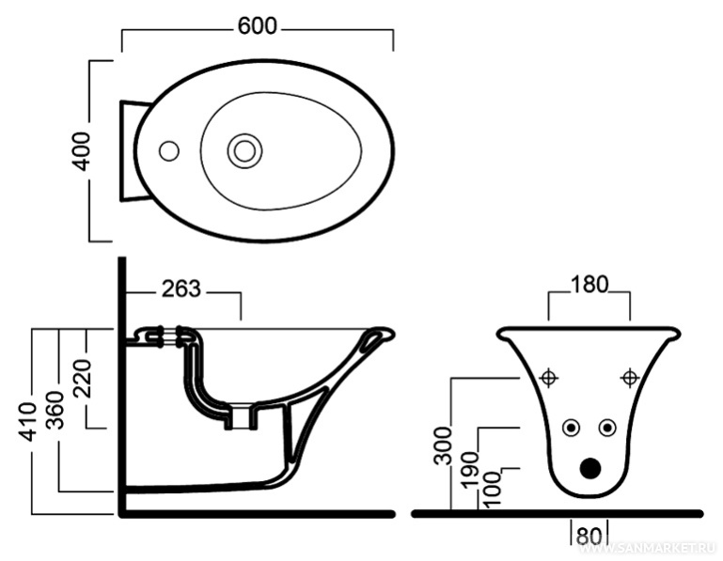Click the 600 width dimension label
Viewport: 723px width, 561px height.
pyautogui.click(x=257, y=26)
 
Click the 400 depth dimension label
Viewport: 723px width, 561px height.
pyautogui.click(x=82, y=150)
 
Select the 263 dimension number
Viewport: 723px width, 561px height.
pyautogui.click(x=181, y=288)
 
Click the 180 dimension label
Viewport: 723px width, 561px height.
pyautogui.click(x=589, y=283)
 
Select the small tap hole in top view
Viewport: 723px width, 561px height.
pyautogui.click(x=169, y=150)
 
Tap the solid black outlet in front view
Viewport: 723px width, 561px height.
pyautogui.click(x=589, y=467)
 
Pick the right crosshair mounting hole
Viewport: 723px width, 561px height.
pyautogui.click(x=629, y=378)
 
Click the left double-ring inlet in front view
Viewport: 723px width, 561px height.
pyautogui.click(x=570, y=428)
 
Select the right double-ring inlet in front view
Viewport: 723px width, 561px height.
pyautogui.click(x=607, y=428)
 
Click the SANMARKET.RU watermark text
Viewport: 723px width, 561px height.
pyautogui.click(x=658, y=546)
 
